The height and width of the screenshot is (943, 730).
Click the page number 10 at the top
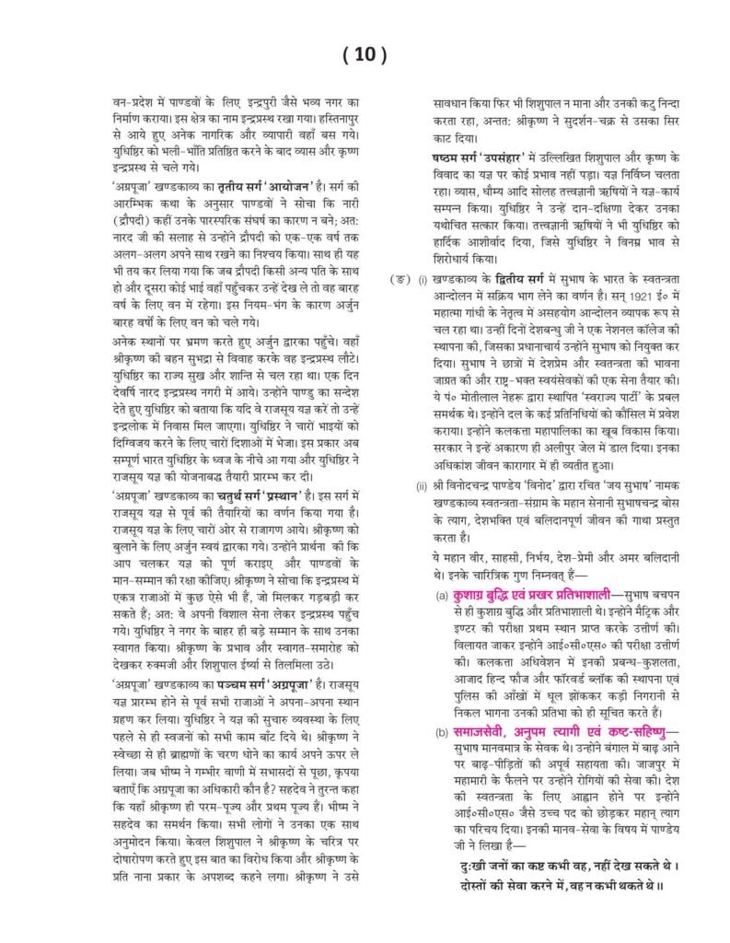(x=364, y=54)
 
